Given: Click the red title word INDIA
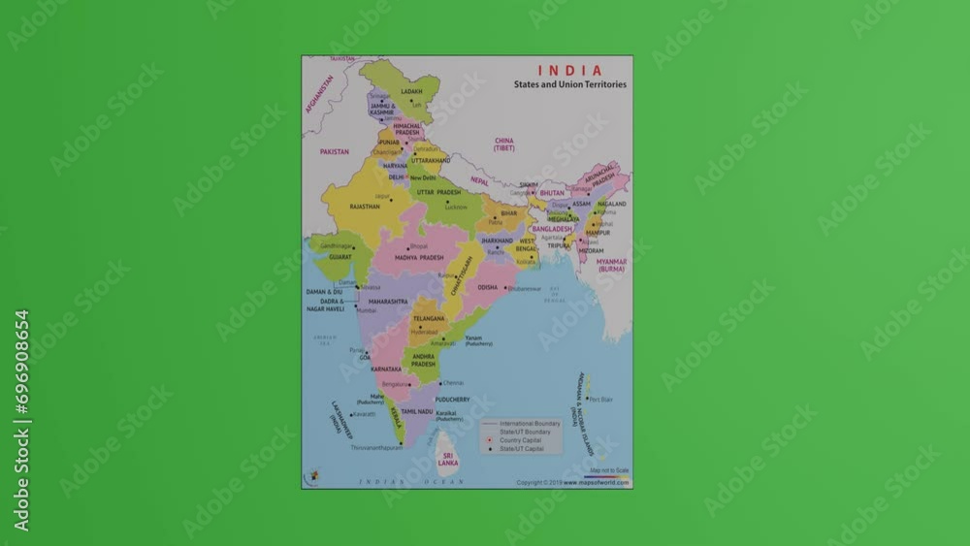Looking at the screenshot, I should coord(569,71).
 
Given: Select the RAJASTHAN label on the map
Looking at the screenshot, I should coord(365,207).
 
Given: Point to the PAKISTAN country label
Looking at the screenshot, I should coord(334,151).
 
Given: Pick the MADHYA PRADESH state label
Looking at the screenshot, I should coord(419,257).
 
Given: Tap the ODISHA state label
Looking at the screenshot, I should coord(487,287).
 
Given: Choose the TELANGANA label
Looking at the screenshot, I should coord(428,318).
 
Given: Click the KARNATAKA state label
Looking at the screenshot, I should coord(386,369).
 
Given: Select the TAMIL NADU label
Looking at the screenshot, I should coord(417,411).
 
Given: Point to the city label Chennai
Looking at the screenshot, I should coord(452,383).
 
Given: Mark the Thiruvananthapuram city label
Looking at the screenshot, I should coord(376,448).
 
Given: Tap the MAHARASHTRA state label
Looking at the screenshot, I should coord(388,302).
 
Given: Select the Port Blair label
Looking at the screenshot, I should coord(601,400).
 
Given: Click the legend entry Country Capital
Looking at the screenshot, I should coord(521,440).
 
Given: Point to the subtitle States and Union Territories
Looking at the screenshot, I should coord(570,84).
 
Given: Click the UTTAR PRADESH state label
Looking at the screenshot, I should coord(439,192).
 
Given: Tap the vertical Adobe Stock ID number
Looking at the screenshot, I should coord(21,421).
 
